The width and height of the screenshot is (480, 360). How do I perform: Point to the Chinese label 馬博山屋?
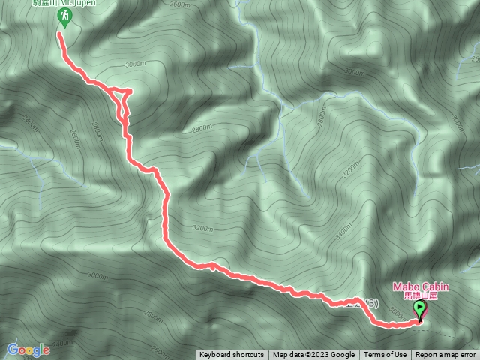(x=420, y=295)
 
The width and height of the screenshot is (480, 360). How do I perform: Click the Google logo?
(x=28, y=349)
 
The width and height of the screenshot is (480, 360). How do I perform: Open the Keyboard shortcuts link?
(x=232, y=355)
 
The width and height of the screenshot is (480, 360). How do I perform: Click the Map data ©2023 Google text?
(x=313, y=355)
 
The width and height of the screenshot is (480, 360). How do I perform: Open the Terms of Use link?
(x=385, y=355)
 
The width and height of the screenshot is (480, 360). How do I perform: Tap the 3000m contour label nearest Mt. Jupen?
(x=134, y=64)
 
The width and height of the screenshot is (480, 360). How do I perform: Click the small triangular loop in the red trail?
(x=123, y=100)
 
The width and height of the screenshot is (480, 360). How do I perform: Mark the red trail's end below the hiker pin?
(x=59, y=34)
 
